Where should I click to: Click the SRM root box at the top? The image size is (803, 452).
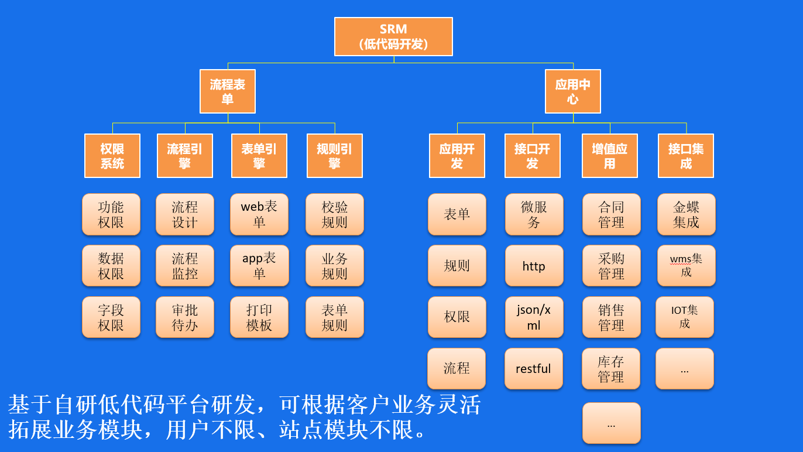393,36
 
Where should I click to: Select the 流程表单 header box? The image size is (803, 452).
228,91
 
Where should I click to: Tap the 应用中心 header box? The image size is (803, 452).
572,91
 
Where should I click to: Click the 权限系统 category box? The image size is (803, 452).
112,156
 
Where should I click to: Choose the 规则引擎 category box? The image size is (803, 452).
334,156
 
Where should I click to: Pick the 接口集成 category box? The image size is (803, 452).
686,156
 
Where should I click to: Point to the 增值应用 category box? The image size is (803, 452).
609,156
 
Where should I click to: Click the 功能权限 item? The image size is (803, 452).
111,214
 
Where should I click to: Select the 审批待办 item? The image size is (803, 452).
185,317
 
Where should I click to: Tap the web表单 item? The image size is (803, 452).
259,214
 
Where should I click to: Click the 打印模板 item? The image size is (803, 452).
259,317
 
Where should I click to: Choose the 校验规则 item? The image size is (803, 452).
335,214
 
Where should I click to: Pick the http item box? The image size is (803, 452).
534,266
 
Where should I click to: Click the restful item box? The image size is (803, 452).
533,369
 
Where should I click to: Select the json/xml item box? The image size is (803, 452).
534,317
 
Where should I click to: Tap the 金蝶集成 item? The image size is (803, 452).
686,214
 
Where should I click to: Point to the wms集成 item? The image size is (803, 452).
686,266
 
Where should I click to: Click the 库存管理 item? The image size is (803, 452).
611,369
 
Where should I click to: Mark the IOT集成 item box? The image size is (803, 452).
685,317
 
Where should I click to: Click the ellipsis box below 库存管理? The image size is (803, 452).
612,423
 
